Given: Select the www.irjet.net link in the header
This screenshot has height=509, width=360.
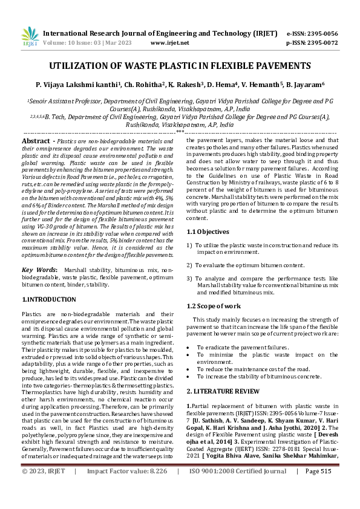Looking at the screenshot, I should tap(169, 43).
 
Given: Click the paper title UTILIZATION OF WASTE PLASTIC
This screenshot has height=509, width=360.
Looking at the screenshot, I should tap(180, 65).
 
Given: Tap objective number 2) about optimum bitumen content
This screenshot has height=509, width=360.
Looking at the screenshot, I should tap(245, 265).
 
